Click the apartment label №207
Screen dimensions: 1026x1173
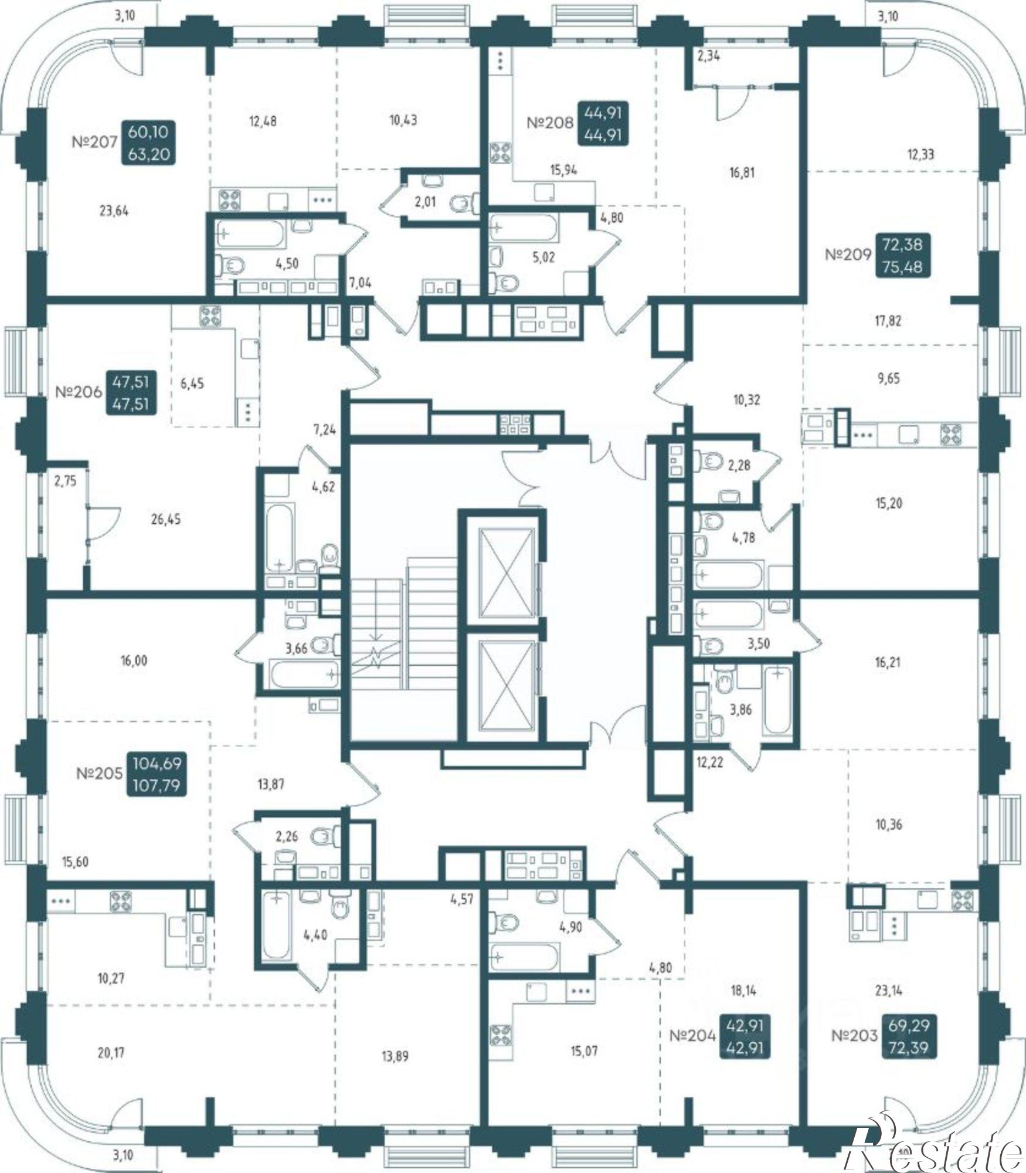coord(94,143)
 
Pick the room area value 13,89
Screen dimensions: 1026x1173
coord(394,1057)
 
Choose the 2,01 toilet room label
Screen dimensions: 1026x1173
coord(426,203)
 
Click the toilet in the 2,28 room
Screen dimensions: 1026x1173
coord(708,462)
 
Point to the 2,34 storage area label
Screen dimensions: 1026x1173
coord(709,56)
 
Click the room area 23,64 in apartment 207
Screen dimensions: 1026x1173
coord(114,211)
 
